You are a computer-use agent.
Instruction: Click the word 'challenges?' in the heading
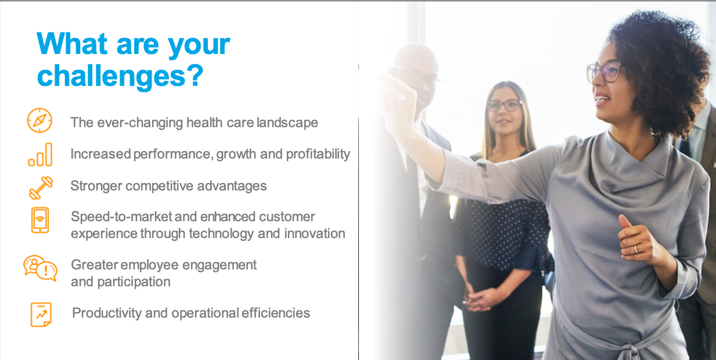point(120,76)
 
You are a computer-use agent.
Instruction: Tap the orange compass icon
point(39,120)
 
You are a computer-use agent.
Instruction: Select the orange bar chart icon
point(40,155)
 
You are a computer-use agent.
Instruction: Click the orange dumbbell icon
point(41,188)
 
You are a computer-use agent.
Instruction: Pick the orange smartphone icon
point(40,220)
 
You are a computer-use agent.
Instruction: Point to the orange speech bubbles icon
point(40,268)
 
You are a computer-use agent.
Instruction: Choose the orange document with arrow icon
point(41,315)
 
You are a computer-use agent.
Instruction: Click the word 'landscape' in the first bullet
point(287,123)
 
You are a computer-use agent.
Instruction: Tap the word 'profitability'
point(318,154)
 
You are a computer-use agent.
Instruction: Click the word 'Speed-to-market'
point(121,217)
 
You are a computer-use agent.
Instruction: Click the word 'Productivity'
point(107,313)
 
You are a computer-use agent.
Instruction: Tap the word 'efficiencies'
point(276,313)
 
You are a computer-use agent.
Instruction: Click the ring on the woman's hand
point(636,249)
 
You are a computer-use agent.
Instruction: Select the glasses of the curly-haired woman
point(603,71)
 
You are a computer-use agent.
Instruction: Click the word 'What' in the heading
point(72,44)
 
